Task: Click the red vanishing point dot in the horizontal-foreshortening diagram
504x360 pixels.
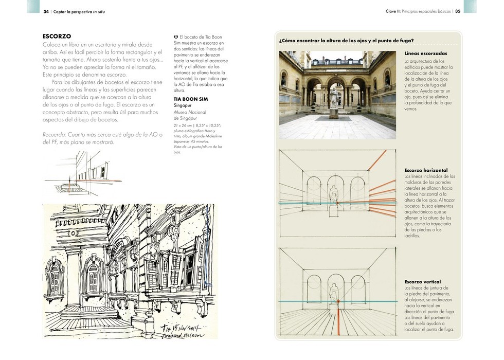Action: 337,203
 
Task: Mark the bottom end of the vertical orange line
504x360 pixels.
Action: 338,335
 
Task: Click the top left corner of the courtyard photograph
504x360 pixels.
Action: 279,51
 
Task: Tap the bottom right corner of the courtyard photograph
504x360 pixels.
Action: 396,139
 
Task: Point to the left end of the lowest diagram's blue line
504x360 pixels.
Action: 279,301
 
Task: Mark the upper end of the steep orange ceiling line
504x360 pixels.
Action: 386,150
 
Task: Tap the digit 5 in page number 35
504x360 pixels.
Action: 459,11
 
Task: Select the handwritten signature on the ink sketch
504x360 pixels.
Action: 183,331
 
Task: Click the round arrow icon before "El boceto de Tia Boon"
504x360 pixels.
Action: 176,37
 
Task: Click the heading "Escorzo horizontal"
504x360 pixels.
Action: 426,170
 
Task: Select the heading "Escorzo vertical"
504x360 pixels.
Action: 423,282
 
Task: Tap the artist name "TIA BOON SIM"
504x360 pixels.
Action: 191,99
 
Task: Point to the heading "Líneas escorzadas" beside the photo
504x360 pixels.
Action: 426,53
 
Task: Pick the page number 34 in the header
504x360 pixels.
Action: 46,11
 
